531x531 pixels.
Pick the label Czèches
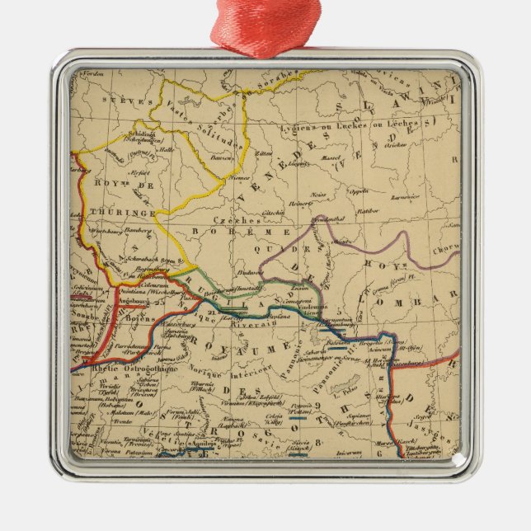tap(232, 220)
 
